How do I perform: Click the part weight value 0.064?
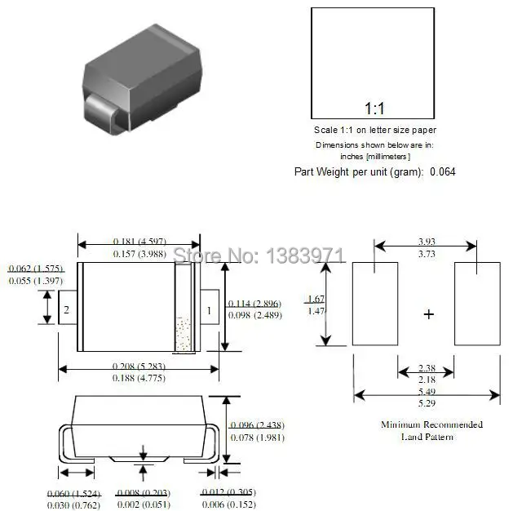pyautogui.click(x=443, y=171)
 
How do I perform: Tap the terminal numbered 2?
pyautogui.click(x=67, y=310)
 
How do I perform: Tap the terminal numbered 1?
pyautogui.click(x=209, y=310)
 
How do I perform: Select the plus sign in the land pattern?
pyautogui.click(x=430, y=314)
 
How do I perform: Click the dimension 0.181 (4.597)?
pyautogui.click(x=139, y=242)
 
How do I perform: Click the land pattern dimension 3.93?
pyautogui.click(x=426, y=242)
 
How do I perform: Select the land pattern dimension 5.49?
pyautogui.click(x=426, y=392)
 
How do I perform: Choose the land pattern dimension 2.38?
pyautogui.click(x=426, y=368)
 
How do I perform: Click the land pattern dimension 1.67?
pyautogui.click(x=317, y=298)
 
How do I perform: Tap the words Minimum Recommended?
pyautogui.click(x=431, y=424)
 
